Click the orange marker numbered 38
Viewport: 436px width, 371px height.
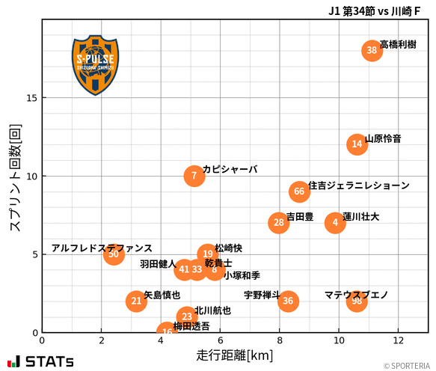coord(372,51)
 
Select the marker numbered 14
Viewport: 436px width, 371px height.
coord(357,144)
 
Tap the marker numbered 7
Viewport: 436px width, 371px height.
coord(194,176)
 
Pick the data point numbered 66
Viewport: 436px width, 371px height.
coord(299,191)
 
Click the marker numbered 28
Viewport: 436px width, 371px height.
coord(279,223)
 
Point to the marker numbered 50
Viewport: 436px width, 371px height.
coord(113,254)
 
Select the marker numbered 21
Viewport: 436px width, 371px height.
coord(136,301)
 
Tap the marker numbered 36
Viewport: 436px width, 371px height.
coord(288,301)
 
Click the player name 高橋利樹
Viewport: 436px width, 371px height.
coord(398,45)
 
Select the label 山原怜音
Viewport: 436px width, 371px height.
coord(383,138)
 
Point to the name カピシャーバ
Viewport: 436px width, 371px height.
coord(230,170)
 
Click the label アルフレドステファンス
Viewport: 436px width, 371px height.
coord(102,248)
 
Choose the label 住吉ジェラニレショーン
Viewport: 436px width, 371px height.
coord(359,185)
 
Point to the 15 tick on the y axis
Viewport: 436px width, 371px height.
coord(33,98)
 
